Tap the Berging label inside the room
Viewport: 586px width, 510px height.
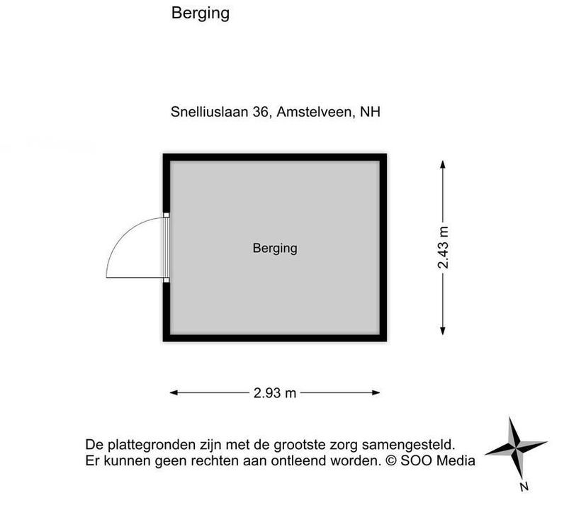pos(275,249)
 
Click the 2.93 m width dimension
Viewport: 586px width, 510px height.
pos(275,392)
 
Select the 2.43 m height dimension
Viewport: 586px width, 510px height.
pos(443,248)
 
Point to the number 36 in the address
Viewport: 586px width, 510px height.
pos(261,112)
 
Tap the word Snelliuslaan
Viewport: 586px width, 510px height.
pos(209,112)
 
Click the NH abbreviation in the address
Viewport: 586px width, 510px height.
pos(370,112)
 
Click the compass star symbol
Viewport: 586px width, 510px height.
pos(516,447)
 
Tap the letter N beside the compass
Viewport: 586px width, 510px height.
pos(524,487)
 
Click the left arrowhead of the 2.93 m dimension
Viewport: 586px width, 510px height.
pos(174,392)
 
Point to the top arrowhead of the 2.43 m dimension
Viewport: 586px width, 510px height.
pos(443,165)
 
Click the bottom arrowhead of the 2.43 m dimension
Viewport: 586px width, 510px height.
pos(443,331)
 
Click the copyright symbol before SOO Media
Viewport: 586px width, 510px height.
pos(391,460)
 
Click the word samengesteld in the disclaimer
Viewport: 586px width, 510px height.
pos(409,445)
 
